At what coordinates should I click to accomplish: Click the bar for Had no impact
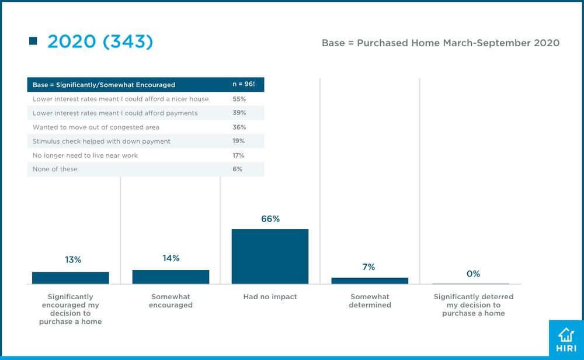click(x=270, y=257)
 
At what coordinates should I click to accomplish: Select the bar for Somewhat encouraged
click(x=171, y=277)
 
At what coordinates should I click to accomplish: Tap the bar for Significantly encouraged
click(x=71, y=278)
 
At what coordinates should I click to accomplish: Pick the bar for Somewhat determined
click(x=370, y=281)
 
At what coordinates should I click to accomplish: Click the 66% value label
click(x=270, y=219)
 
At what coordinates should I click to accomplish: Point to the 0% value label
click(x=473, y=274)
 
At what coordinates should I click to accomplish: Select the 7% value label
click(x=368, y=267)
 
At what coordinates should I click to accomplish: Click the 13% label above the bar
click(x=73, y=260)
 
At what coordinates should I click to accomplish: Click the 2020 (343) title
click(x=100, y=41)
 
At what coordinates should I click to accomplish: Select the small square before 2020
click(x=33, y=41)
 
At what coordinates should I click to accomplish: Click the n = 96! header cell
click(x=244, y=85)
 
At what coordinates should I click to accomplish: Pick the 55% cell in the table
click(x=239, y=99)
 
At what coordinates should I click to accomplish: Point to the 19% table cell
click(x=239, y=141)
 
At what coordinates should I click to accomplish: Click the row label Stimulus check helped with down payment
click(x=102, y=141)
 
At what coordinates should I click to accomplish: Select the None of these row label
click(x=55, y=169)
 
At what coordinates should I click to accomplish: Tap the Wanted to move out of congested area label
click(x=96, y=127)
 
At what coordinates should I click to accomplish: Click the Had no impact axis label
click(x=270, y=297)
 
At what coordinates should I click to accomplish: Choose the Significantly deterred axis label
click(x=473, y=305)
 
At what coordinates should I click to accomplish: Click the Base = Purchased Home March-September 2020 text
click(x=440, y=43)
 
